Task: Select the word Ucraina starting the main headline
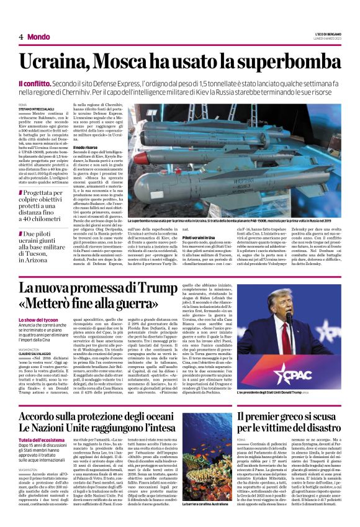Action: pos(56,62)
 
